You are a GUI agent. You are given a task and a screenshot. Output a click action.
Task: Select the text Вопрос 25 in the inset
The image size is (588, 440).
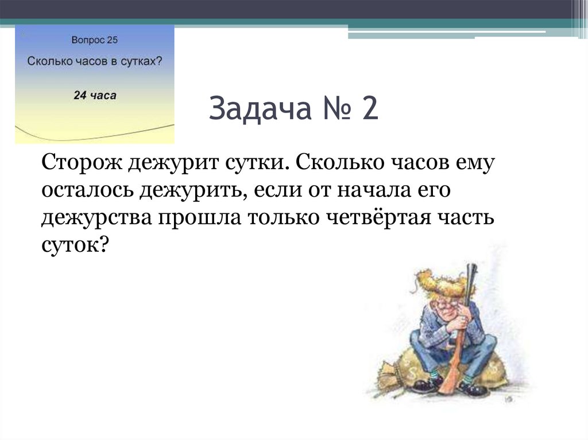95,40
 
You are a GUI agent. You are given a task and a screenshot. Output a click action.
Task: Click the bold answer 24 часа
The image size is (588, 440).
95,95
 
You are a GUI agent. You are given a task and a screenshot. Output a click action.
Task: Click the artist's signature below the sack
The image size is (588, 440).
508,398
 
